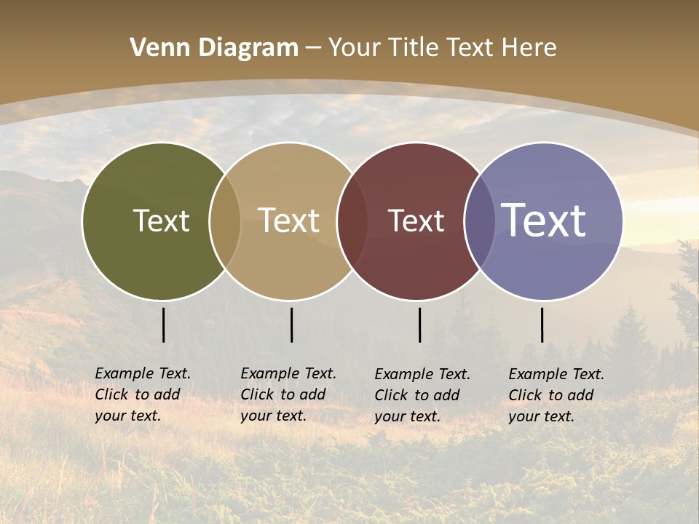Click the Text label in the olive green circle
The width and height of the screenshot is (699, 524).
click(161, 221)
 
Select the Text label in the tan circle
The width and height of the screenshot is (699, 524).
click(288, 221)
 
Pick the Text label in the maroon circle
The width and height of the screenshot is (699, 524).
click(416, 221)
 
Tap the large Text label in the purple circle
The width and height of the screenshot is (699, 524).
click(543, 221)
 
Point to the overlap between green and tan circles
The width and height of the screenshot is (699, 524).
click(225, 221)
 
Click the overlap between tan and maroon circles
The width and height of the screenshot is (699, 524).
click(352, 221)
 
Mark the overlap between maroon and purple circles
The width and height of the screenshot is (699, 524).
click(480, 221)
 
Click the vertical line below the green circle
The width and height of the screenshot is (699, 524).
click(163, 325)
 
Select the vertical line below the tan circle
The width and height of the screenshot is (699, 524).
click(291, 325)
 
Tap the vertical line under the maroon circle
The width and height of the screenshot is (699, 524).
click(419, 325)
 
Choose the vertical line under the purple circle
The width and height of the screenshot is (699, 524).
click(542, 325)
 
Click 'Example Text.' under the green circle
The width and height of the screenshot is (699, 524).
click(143, 373)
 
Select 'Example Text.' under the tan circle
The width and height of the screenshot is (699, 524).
click(288, 373)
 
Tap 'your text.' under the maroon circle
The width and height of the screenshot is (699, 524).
click(407, 417)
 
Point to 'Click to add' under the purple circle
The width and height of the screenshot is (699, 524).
click(550, 395)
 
